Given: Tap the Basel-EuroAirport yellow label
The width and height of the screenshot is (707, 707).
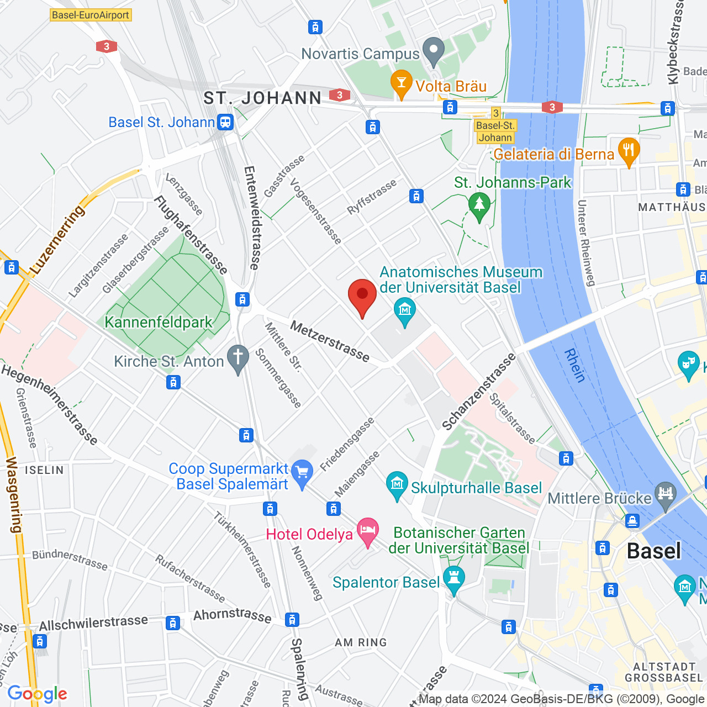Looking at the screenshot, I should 91,15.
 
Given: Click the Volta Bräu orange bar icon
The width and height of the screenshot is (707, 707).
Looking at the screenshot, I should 401,84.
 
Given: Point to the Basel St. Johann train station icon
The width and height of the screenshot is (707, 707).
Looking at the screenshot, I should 225,122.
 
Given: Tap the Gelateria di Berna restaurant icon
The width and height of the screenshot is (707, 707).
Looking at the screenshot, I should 629,151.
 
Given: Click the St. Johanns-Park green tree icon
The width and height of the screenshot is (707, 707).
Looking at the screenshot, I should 479,205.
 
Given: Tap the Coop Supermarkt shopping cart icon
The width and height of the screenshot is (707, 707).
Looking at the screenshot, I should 302,473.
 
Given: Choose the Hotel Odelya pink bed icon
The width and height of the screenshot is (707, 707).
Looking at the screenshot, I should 368,531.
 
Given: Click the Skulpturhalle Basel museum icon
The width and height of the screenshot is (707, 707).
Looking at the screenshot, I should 397,485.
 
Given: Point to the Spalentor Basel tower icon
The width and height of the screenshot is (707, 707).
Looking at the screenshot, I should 453,579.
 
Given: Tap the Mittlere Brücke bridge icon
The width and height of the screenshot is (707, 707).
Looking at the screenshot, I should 665,495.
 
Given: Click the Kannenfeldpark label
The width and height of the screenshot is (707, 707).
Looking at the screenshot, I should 159,322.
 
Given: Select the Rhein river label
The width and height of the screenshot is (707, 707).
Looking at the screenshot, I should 575,366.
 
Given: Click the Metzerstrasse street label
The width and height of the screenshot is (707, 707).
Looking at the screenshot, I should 330,342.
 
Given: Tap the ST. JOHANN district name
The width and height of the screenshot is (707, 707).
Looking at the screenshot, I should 262,98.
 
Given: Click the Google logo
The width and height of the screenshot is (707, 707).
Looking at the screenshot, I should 38,694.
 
